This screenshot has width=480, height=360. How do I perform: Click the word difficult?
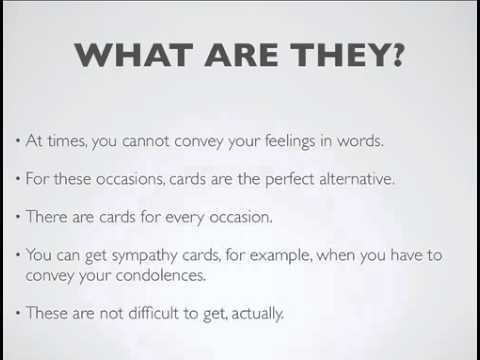pyautogui.click(x=153, y=313)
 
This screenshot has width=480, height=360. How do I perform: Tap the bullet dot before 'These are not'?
pyautogui.click(x=19, y=313)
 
